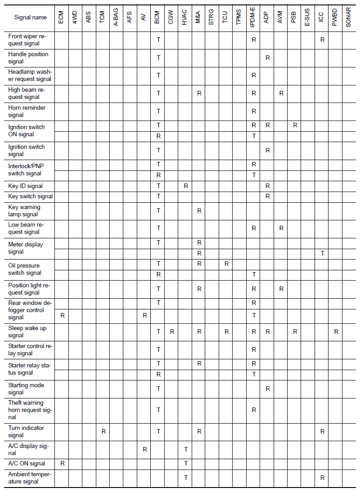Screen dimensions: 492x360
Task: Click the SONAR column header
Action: [348, 18]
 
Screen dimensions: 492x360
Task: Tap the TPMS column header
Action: [239, 18]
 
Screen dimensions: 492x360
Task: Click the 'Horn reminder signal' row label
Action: [27, 111]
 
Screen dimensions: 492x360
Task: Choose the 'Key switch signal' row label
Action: [30, 197]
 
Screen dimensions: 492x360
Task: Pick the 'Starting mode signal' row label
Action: [26, 389]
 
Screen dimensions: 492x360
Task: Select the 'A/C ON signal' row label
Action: [27, 463]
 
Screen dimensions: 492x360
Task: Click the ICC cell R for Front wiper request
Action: [322, 40]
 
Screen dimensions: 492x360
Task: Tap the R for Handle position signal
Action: [268, 58]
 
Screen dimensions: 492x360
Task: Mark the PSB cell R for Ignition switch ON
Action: [295, 125]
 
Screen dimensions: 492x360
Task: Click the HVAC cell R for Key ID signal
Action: [186, 186]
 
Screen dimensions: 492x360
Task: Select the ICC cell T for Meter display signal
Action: [322, 254]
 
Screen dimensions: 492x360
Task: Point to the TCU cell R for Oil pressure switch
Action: [226, 264]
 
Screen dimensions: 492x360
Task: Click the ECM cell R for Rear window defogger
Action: [63, 316]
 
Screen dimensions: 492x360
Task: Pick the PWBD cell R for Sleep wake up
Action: [336, 332]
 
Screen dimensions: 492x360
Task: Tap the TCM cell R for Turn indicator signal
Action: [103, 431]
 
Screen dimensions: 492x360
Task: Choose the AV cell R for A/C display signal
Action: [144, 449]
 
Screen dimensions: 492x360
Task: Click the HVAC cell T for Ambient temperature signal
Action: [186, 478]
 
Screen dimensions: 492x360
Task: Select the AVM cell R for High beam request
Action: [281, 94]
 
